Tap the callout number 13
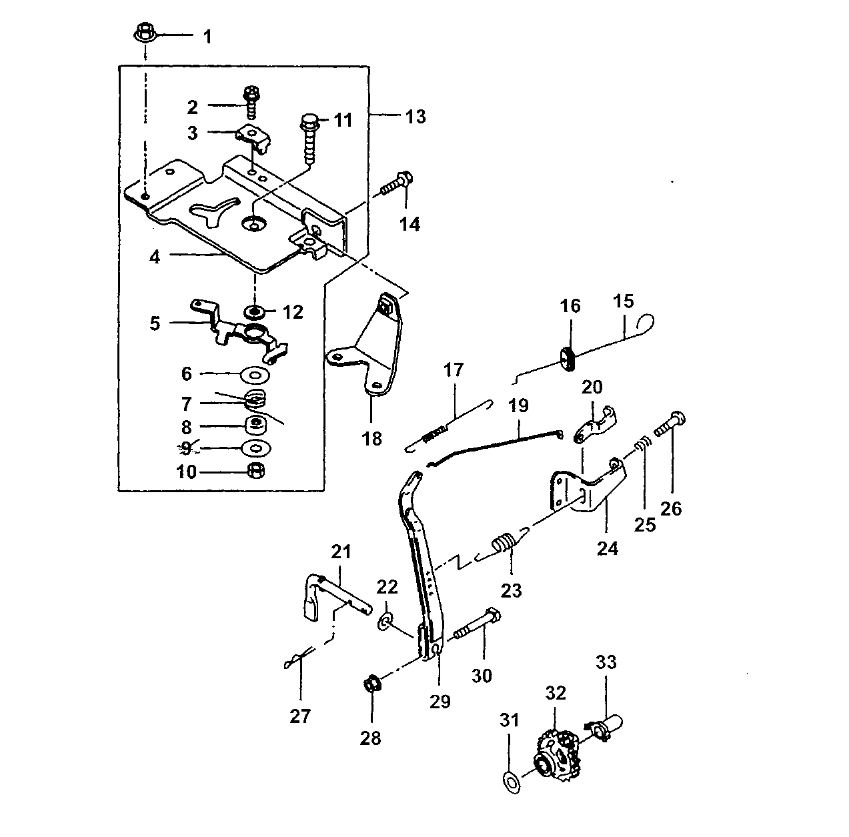(x=415, y=117)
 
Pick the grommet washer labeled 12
(x=255, y=311)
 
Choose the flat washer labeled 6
(x=255, y=375)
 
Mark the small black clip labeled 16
(x=568, y=359)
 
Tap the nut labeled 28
(x=372, y=684)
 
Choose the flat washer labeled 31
(x=512, y=782)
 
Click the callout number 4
(x=155, y=257)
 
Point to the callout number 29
(x=440, y=701)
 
